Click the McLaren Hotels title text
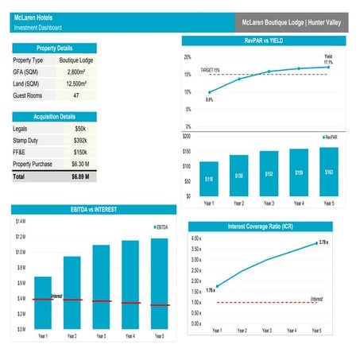30,17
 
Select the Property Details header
54,48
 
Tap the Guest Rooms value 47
75,95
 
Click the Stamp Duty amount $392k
80,140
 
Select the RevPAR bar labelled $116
208,179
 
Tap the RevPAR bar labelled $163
327,172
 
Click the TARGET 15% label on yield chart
210,70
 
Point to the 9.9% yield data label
209,100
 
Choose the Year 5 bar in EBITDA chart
159,282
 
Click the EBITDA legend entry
161,228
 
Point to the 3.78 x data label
323,242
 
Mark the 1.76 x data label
210,290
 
